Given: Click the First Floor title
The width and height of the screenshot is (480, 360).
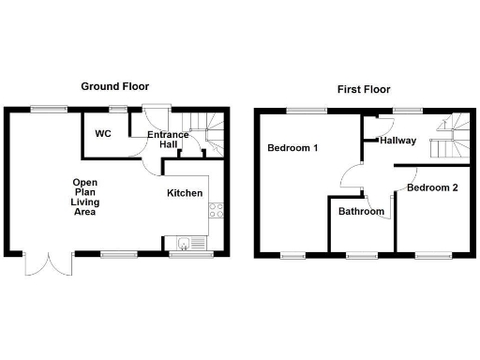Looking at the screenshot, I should (364, 90).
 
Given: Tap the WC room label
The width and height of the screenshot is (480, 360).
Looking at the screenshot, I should (103, 134).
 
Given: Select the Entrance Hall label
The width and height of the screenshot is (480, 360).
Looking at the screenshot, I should (169, 140).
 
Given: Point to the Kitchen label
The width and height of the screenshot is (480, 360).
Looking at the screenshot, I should (185, 193).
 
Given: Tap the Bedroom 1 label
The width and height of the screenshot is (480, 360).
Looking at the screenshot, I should (292, 148).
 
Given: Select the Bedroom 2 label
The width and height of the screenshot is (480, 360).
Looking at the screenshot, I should (432, 187).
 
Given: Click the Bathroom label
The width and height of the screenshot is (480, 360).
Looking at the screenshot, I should (361, 212).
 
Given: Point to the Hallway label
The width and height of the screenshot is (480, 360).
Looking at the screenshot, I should (398, 141).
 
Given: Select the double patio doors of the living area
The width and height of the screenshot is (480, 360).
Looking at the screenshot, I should (48, 263).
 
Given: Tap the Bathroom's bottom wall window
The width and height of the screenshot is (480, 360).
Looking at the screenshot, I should (360, 254).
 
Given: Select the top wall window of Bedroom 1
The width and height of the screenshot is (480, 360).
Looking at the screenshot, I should (301, 110).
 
